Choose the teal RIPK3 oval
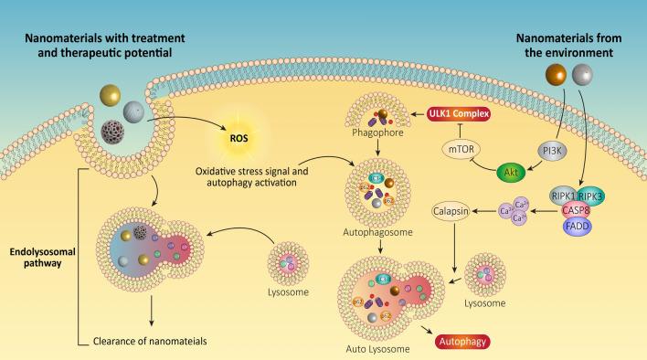click(592, 195)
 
